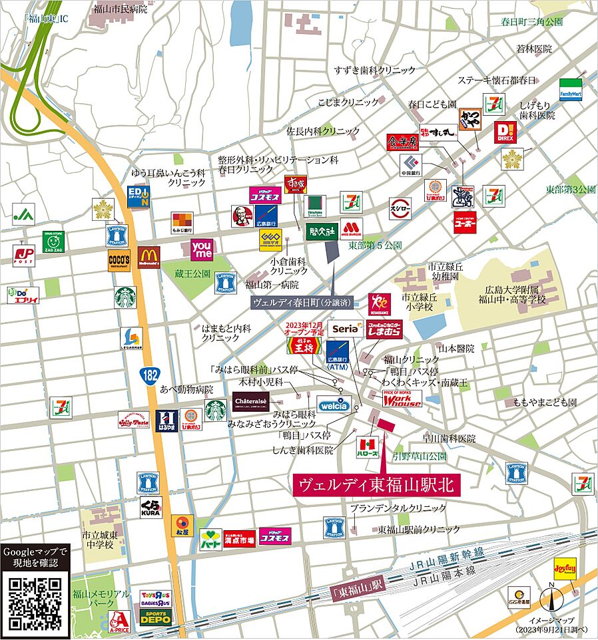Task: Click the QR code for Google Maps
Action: point(36,603)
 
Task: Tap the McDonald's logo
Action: point(149,257)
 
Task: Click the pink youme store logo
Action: point(202,249)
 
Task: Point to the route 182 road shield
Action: point(150,374)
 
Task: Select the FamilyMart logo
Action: point(571,88)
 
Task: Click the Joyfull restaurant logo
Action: point(565,570)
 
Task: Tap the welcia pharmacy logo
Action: point(333,404)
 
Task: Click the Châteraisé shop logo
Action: point(250,401)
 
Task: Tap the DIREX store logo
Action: point(505,132)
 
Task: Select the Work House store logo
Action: point(402,399)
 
